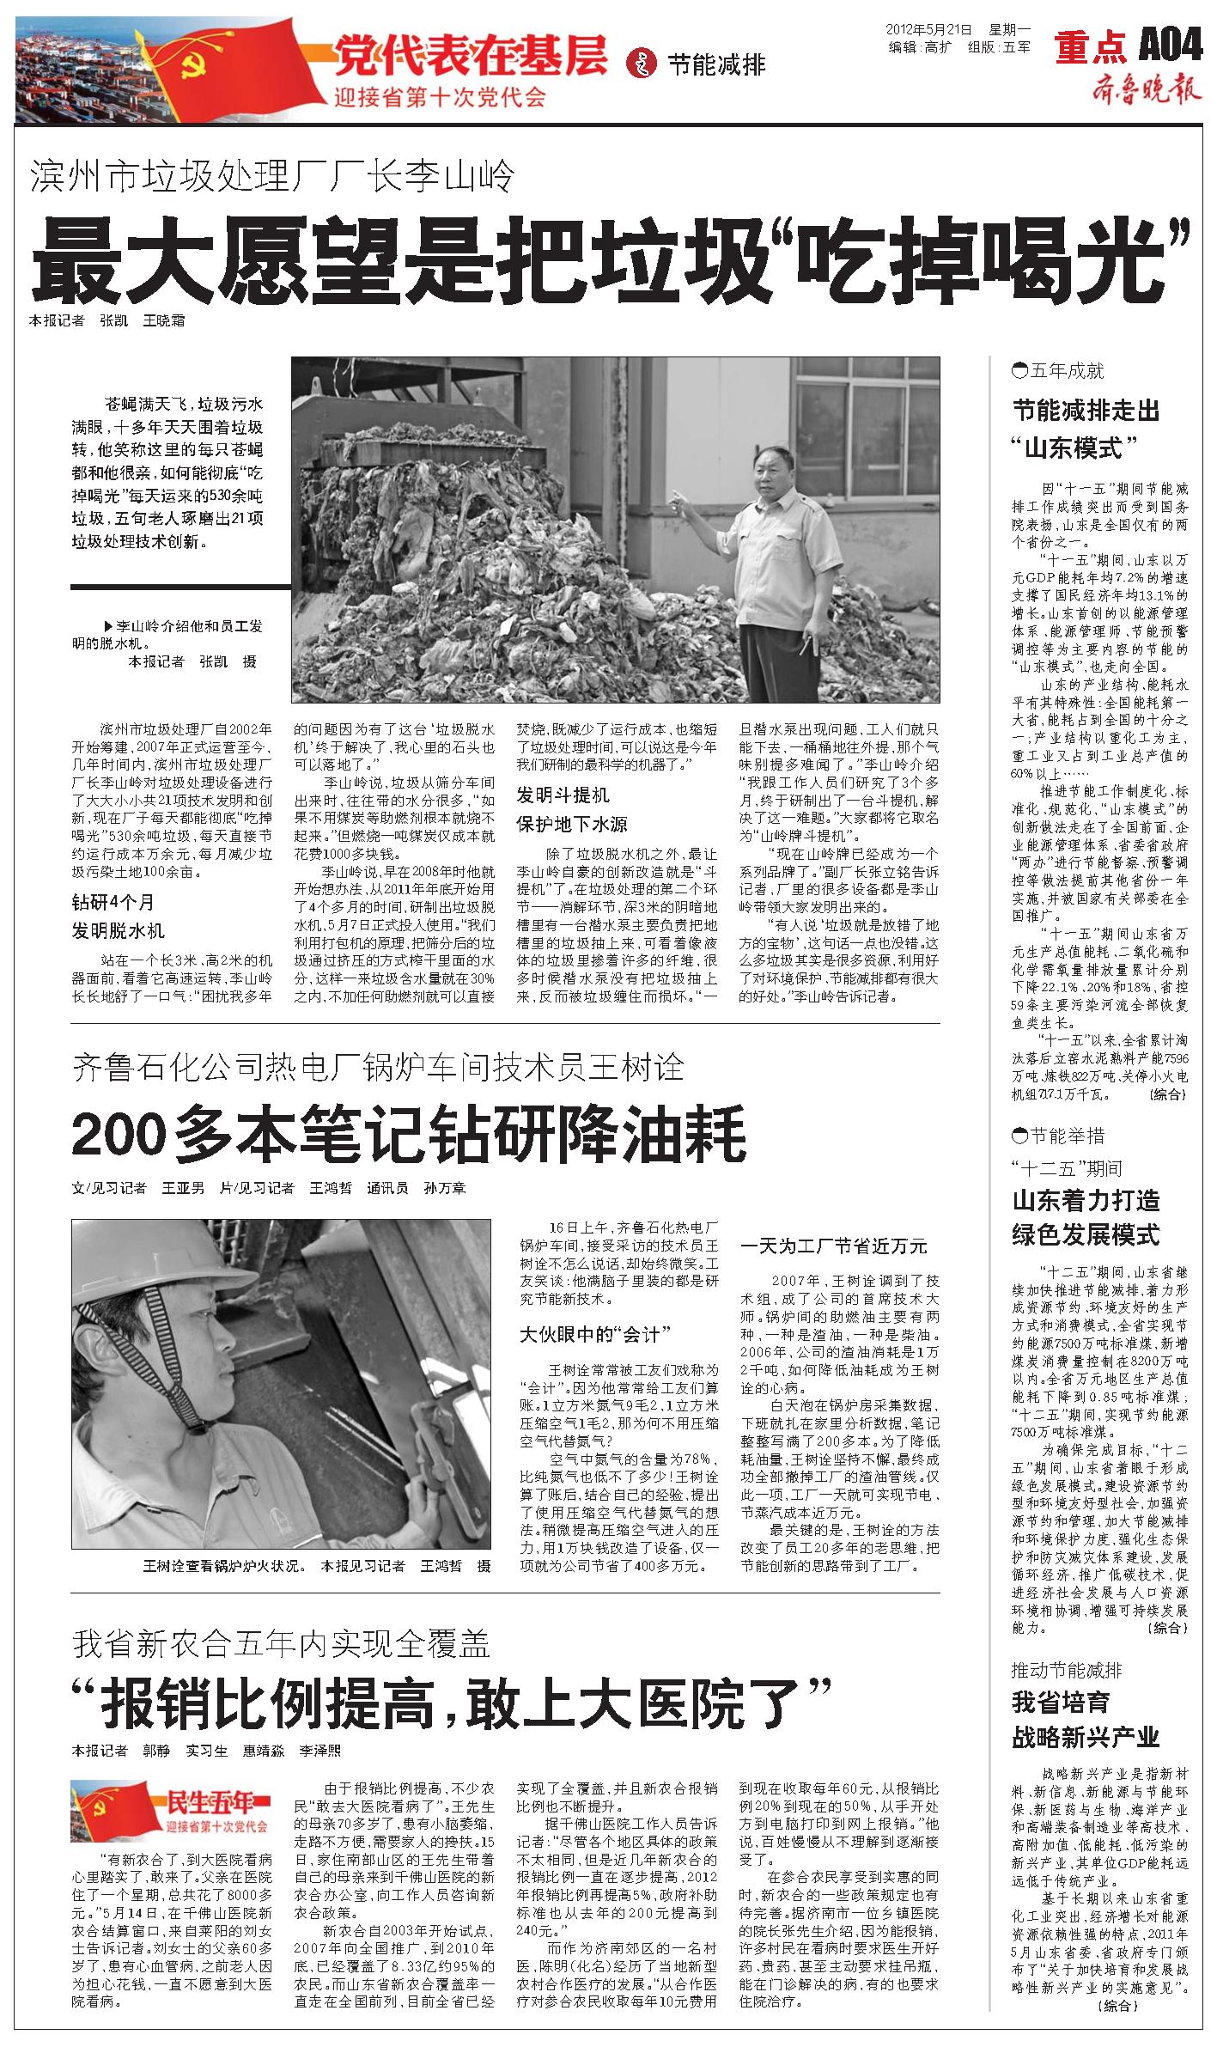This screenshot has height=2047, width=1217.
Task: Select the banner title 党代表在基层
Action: click(471, 56)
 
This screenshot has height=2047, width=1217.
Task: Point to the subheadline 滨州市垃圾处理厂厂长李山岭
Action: click(273, 177)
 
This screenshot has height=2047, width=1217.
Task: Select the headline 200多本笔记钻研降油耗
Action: click(409, 1136)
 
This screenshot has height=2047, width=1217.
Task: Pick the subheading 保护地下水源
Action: click(571, 825)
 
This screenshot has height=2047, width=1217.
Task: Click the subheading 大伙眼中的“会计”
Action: click(594, 1334)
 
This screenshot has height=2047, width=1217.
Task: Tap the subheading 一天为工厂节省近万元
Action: click(834, 1246)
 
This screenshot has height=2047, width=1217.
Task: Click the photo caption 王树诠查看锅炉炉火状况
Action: click(225, 1566)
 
